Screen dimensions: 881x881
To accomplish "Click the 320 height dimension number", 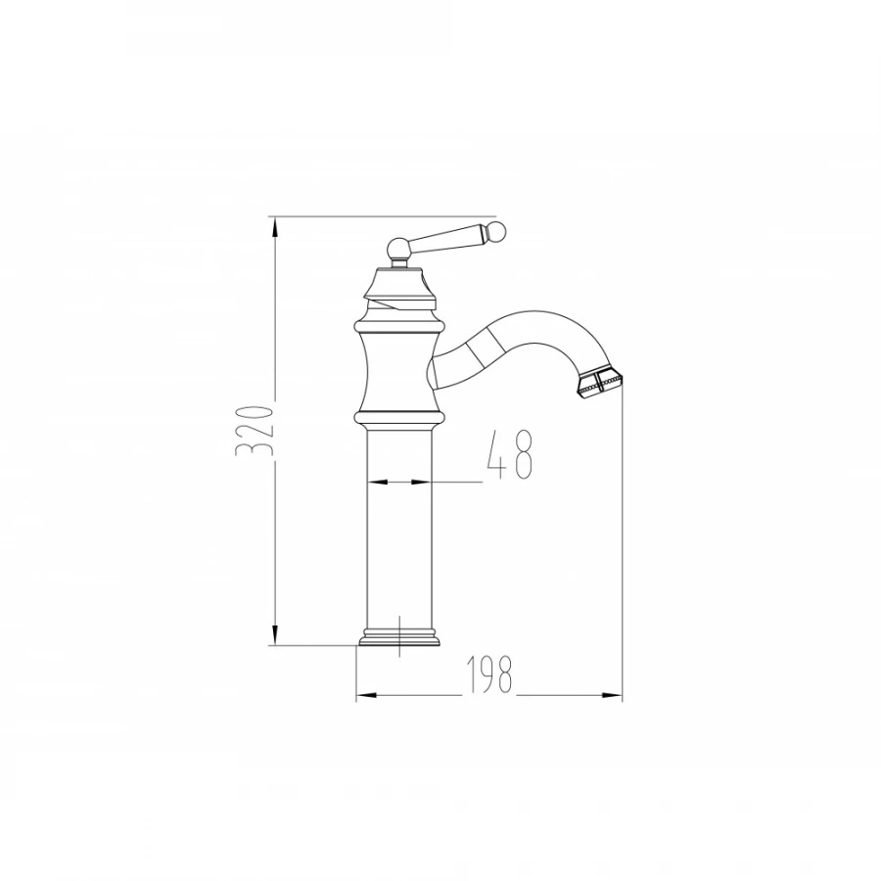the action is click(x=255, y=430).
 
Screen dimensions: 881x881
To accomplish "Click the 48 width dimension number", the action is click(x=509, y=454).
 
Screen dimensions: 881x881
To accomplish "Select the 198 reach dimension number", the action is click(x=490, y=674).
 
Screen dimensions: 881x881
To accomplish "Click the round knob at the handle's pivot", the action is click(x=398, y=248).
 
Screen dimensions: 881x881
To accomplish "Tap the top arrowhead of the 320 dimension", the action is click(x=275, y=229).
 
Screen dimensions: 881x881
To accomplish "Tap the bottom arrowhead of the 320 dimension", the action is click(x=275, y=633).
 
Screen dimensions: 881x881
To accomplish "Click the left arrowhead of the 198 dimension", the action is click(x=366, y=696).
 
